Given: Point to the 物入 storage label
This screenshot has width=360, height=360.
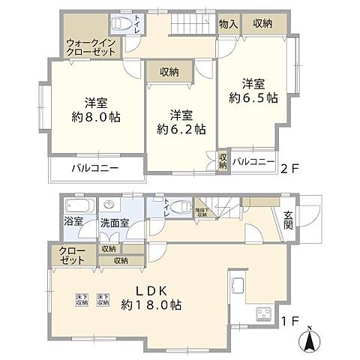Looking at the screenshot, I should (229, 24).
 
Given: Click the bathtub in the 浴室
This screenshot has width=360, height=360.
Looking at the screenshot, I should (76, 206).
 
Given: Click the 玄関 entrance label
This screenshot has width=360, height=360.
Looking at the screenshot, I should (289, 222).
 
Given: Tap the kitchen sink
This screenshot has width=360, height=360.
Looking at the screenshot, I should (238, 288).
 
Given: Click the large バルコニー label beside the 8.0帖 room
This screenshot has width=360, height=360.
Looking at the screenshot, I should (95, 168).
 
